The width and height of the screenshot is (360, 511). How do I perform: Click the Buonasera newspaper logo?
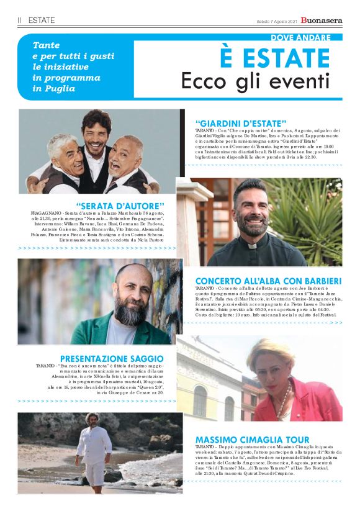tap(322, 20)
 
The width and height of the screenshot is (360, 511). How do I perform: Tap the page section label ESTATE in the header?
tap(42, 20)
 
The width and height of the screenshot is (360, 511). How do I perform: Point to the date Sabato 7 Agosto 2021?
tap(276, 21)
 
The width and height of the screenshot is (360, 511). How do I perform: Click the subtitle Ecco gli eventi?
tap(261, 81)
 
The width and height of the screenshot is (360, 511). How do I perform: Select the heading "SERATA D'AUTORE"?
tap(120, 206)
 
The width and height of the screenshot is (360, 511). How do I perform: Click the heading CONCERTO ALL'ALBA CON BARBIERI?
tap(268, 281)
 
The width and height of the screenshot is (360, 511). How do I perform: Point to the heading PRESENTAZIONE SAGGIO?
tap(112, 358)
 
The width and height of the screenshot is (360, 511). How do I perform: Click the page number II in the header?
tap(20, 20)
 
